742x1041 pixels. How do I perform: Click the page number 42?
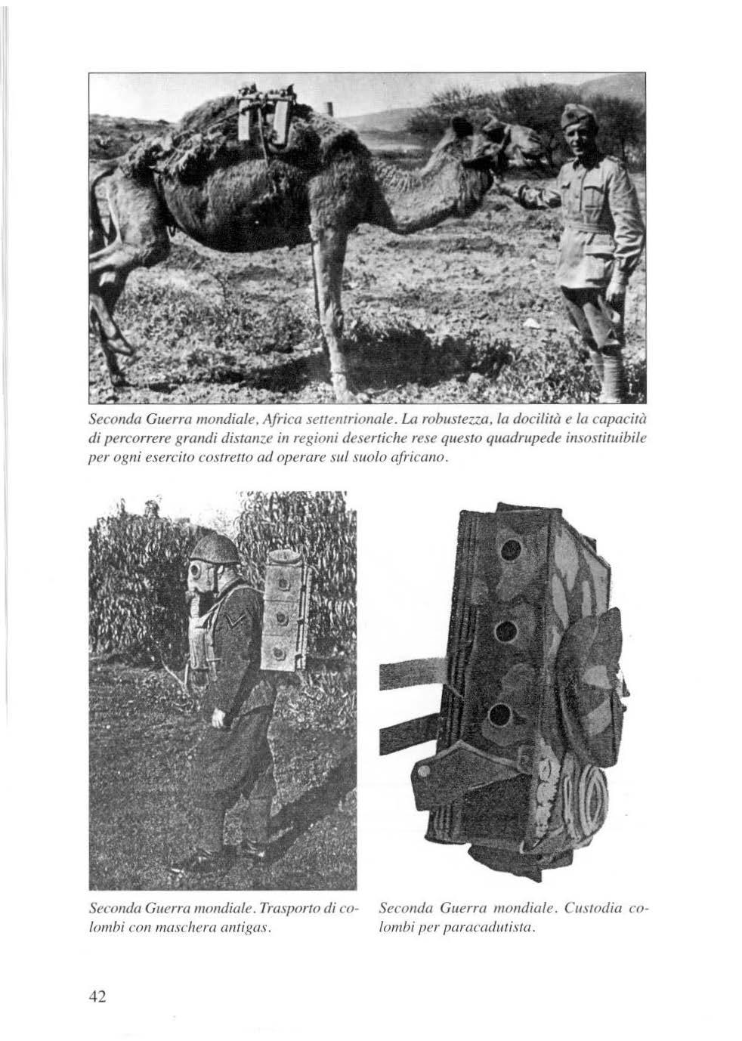(x=96, y=996)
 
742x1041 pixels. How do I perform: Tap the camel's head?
(x=514, y=140)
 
